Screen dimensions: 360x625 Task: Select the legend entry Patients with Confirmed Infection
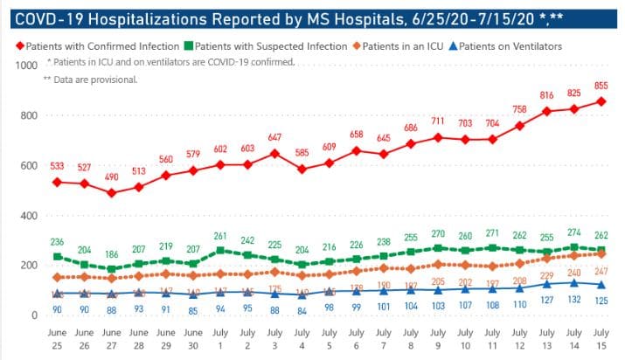(98, 45)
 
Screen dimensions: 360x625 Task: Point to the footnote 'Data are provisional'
(95, 80)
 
